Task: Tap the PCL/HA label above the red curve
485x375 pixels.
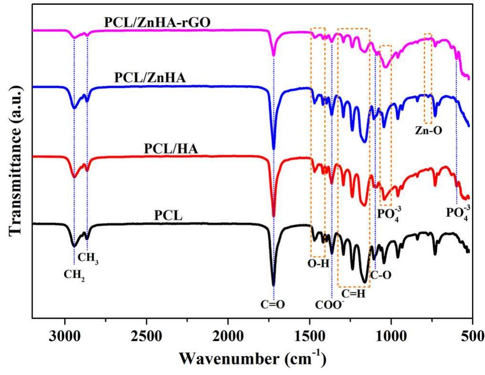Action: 171,149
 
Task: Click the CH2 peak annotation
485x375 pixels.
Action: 74,275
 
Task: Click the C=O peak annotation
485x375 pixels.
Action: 274,301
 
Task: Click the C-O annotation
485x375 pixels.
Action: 381,275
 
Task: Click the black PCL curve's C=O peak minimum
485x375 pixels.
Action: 274,285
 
